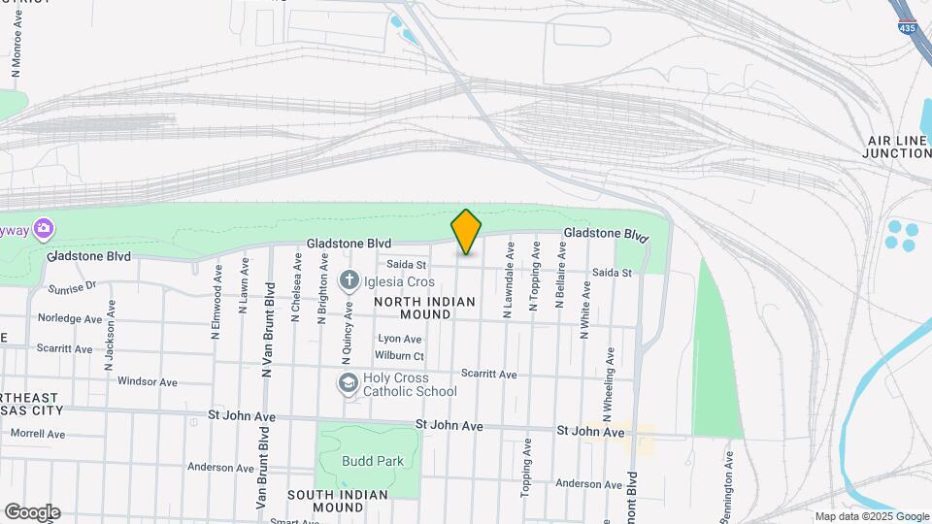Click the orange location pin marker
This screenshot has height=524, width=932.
click(467, 232)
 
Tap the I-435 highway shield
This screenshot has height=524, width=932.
click(907, 26)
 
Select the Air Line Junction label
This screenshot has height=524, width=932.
click(898, 147)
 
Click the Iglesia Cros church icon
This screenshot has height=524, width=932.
click(349, 281)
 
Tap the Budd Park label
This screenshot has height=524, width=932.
click(372, 462)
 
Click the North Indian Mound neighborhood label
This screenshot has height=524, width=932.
click(425, 308)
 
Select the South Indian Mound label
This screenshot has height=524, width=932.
click(338, 501)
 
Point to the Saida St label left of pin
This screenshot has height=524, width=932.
click(407, 264)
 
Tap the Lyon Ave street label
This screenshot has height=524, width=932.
click(400, 339)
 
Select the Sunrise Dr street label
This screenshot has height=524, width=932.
click(73, 286)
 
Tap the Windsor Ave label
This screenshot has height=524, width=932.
click(147, 381)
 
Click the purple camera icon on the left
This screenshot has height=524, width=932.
click(43, 229)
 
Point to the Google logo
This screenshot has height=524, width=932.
click(32, 512)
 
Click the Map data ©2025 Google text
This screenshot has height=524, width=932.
click(872, 516)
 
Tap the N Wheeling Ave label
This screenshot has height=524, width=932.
click(609, 378)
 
